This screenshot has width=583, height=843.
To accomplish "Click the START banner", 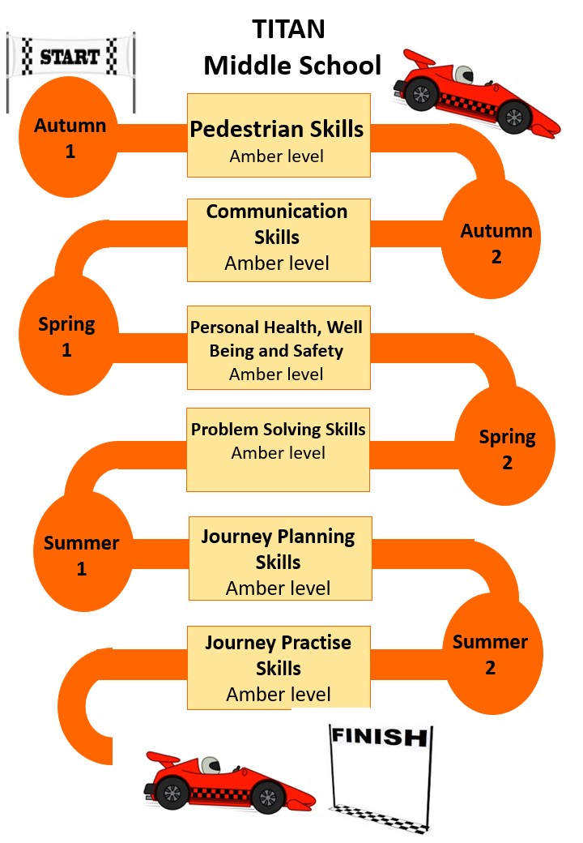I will [70, 57].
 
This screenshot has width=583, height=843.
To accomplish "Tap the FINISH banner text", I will [379, 737].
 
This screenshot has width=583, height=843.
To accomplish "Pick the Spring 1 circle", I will [66, 336].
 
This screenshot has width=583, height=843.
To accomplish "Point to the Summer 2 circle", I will [490, 655].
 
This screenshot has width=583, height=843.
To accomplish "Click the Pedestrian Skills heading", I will [277, 129].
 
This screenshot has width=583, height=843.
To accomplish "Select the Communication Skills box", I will [279, 240].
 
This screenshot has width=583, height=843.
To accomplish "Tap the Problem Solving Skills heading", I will [279, 429].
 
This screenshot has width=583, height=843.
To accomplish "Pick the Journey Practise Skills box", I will [279, 666].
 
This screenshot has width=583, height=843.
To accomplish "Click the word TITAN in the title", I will [289, 29].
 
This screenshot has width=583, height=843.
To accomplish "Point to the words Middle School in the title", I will [292, 65].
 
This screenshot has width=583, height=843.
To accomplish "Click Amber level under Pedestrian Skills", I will [277, 156].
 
